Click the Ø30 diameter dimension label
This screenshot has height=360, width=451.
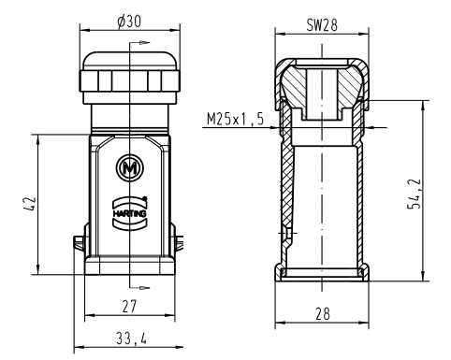click(x=129, y=22)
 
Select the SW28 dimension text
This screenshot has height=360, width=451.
click(x=322, y=25)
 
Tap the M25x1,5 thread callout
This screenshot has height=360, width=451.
click(x=235, y=119)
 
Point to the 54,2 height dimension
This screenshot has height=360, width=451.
click(x=415, y=194)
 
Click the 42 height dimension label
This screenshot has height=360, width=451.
click(x=30, y=204)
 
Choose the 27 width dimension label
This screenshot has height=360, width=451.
click(x=129, y=306)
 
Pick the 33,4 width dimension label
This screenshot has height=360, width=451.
click(x=131, y=338)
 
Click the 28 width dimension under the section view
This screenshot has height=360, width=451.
click(x=322, y=313)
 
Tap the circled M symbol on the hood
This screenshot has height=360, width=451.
click(x=130, y=168)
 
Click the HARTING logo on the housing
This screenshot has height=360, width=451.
click(x=129, y=213)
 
